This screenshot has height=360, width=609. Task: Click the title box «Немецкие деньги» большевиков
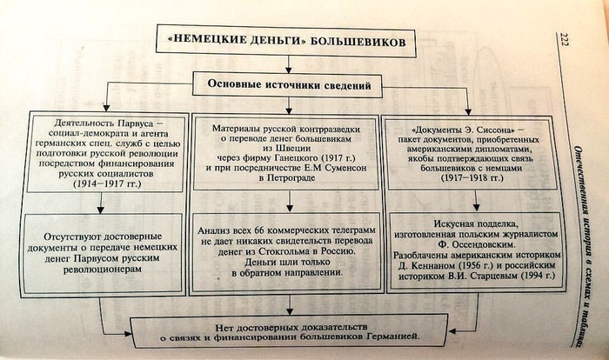(x=286, y=42)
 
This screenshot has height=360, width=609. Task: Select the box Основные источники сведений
(x=289, y=86)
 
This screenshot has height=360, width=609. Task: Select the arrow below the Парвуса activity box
(x=102, y=204)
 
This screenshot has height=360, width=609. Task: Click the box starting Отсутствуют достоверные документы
(x=104, y=249)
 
